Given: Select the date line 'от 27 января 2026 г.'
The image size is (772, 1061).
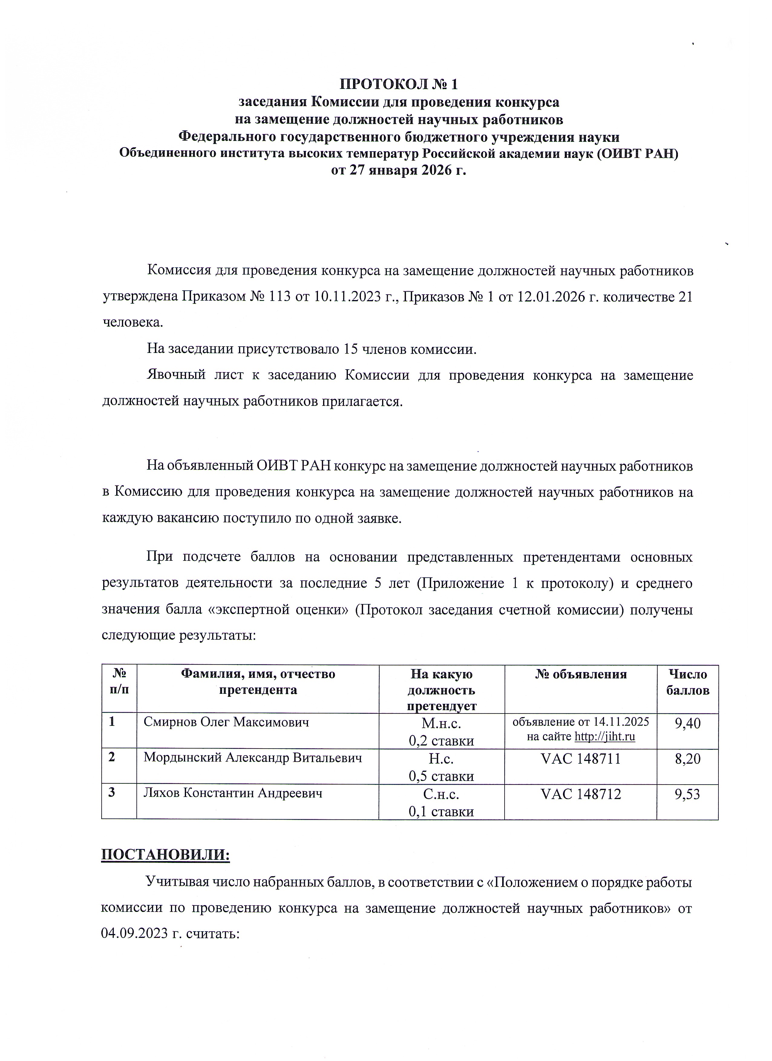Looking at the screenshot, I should [399, 170].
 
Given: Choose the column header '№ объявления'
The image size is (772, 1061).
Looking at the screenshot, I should [580, 674].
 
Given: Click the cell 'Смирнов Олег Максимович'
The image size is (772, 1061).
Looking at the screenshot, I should [227, 722].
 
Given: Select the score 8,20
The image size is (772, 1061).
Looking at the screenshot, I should [687, 759].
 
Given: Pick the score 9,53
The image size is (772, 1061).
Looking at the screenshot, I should [687, 794].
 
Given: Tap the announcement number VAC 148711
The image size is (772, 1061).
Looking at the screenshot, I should [580, 759].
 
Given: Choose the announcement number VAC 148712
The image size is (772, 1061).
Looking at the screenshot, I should [580, 794].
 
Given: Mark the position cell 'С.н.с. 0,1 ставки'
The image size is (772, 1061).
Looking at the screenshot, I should [441, 802].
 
